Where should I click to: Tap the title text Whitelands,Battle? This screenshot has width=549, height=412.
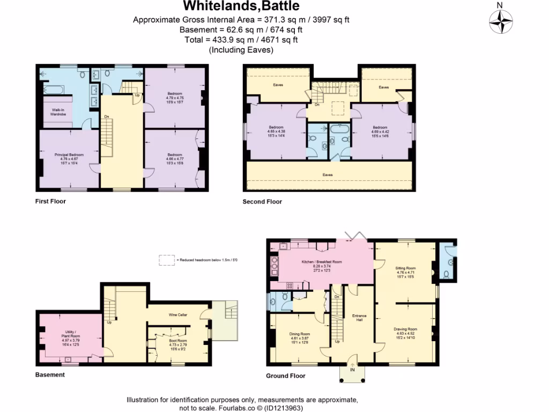[241, 6]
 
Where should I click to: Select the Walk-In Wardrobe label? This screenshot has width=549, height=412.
[54, 112]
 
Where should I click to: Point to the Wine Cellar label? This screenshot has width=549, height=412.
[177, 314]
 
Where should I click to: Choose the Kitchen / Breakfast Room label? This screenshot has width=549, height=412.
[321, 262]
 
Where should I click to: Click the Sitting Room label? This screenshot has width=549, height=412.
[405, 267]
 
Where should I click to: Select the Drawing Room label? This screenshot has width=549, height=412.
[405, 329]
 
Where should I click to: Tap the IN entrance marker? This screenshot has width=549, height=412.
[353, 370]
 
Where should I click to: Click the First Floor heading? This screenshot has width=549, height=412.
[50, 202]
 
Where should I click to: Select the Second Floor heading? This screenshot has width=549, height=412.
[262, 202]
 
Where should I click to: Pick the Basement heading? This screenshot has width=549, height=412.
[50, 374]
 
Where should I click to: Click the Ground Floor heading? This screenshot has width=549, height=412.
[286, 376]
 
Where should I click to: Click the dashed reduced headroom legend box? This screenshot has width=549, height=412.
[167, 260]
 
